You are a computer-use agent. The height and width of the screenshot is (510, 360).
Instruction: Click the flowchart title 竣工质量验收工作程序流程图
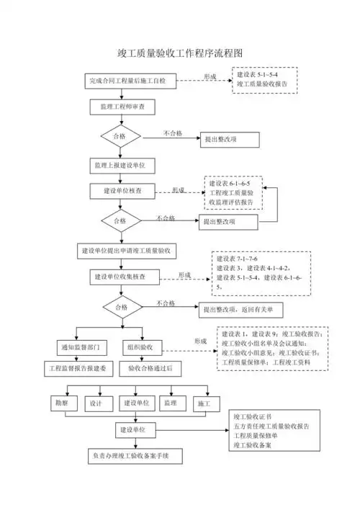[180, 53]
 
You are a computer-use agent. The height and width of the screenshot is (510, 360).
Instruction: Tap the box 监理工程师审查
[122, 107]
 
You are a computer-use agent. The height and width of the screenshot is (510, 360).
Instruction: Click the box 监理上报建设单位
[122, 165]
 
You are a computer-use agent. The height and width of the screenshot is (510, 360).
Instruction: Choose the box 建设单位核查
[122, 191]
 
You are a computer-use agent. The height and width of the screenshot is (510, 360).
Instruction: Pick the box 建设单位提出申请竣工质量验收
[131, 251]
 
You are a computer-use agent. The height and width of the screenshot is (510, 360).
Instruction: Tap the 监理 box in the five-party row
[170, 404]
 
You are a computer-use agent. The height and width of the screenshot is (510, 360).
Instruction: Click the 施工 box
[204, 404]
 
